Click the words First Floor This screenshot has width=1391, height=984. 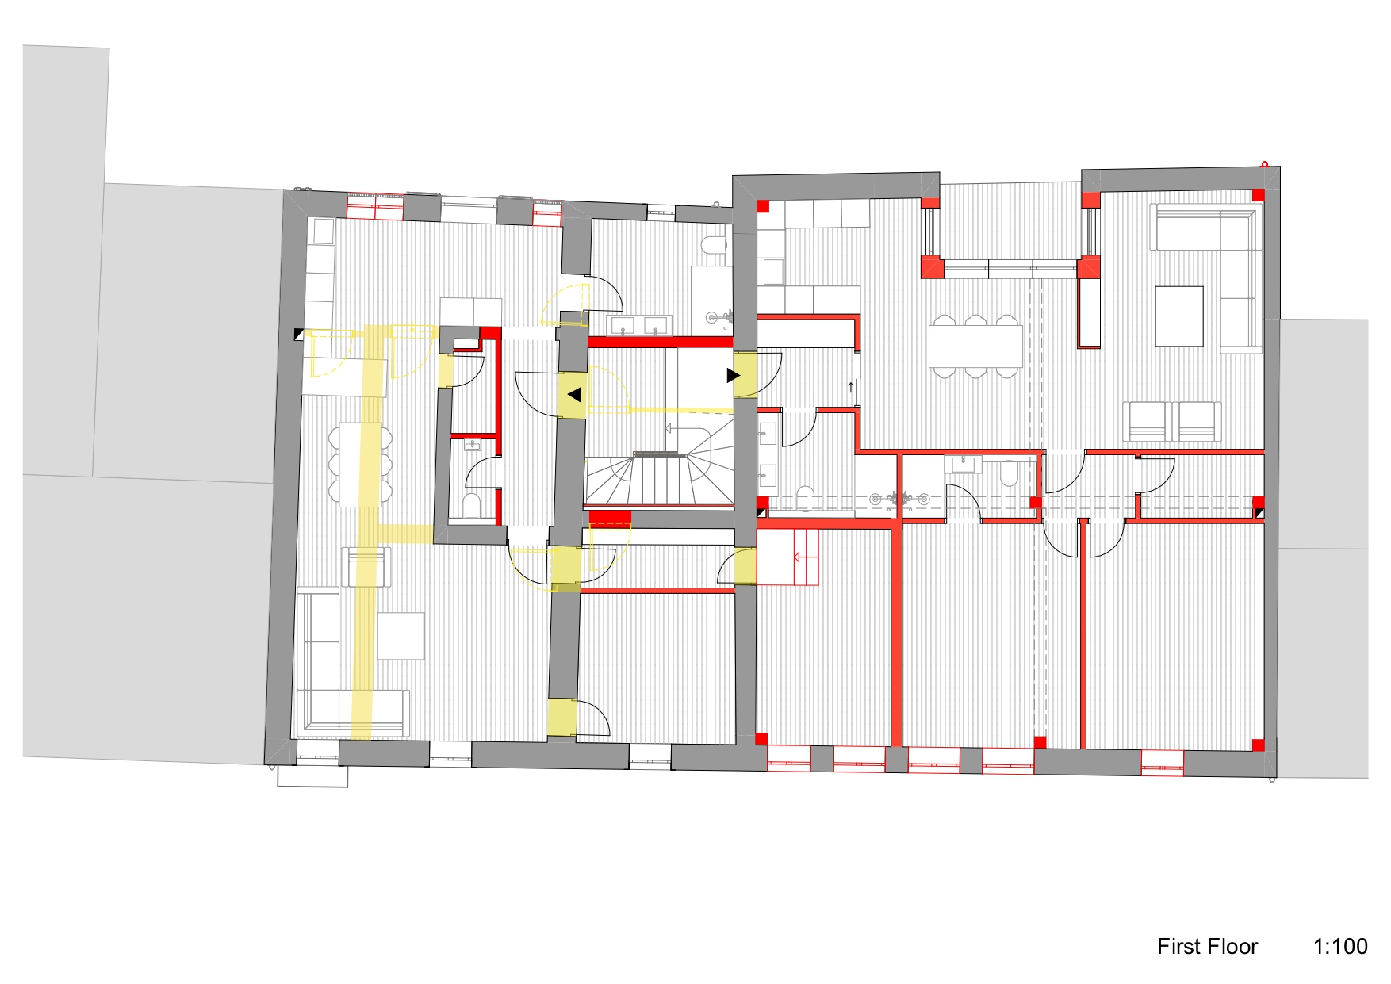[x=1207, y=946]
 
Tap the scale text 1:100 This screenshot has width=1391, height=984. [x=1340, y=946]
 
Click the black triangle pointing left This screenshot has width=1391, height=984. [x=574, y=394]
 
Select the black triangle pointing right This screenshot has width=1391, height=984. [x=734, y=375]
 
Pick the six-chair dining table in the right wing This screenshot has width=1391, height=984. [x=975, y=346]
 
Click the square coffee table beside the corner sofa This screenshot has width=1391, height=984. [x=1179, y=316]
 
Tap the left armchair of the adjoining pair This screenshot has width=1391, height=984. [x=1147, y=421]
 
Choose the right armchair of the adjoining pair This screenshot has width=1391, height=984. [x=1197, y=421]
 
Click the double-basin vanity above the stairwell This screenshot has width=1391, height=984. [x=639, y=325]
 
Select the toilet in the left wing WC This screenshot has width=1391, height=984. [x=471, y=505]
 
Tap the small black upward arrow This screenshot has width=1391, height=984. [x=851, y=387]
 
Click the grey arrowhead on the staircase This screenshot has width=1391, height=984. [x=669, y=428]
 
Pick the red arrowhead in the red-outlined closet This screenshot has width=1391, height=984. [x=797, y=557]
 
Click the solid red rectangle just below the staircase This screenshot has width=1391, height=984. [x=610, y=517]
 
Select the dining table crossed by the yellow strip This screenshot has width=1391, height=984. [x=360, y=464]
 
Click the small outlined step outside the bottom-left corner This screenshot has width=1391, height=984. [x=312, y=775]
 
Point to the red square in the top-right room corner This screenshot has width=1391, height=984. [x=1258, y=195]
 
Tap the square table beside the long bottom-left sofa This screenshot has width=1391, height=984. [x=400, y=636]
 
